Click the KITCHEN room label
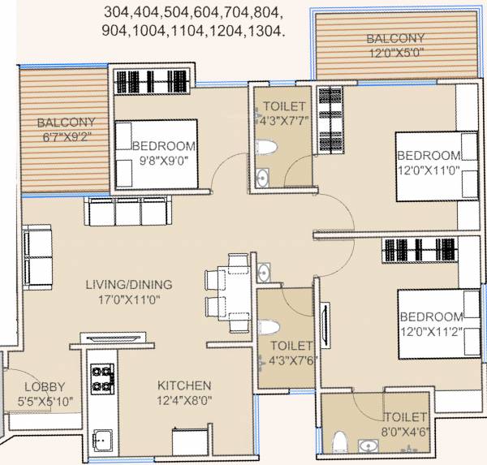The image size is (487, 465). [185, 385]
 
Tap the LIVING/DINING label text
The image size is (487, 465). [129, 284]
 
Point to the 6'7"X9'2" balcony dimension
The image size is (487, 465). [64, 137]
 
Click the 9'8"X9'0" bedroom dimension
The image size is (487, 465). [164, 160]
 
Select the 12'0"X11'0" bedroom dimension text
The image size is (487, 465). [428, 170]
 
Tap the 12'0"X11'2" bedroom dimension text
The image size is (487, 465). [430, 330]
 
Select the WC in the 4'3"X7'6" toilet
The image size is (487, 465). [267, 326]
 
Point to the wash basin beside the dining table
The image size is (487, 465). [265, 273]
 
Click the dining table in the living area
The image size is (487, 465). [236, 293]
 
